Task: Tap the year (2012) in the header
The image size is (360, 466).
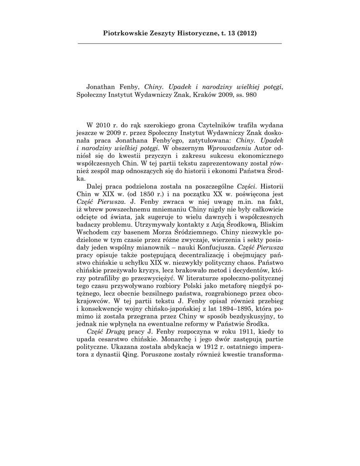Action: [x=246, y=33]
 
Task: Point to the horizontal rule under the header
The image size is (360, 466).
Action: [x=180, y=43]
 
